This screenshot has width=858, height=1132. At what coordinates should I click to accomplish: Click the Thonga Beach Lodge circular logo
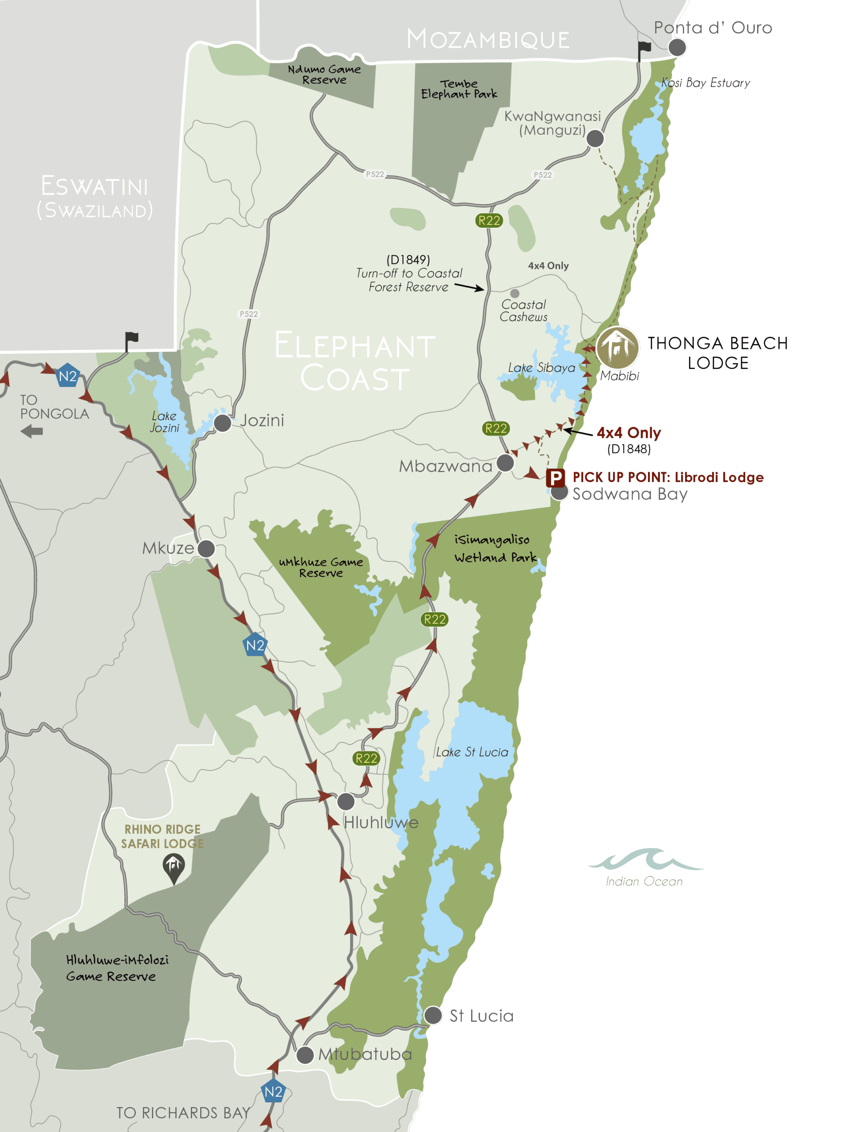[x=618, y=348]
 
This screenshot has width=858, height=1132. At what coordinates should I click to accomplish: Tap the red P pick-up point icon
[x=555, y=478]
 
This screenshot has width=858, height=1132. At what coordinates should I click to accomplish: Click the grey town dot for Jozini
[x=222, y=423]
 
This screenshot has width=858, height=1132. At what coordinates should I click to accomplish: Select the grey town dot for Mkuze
[x=206, y=549]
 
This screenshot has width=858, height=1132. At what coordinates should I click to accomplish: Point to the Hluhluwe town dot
[x=346, y=801]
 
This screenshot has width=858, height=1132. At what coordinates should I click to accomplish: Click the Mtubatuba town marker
[x=305, y=1055]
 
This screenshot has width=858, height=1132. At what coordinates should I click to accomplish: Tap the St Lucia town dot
[x=433, y=1015]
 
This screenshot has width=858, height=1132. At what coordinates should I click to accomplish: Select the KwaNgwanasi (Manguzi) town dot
[x=595, y=138]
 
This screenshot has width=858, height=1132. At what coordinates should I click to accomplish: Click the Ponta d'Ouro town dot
[x=677, y=47]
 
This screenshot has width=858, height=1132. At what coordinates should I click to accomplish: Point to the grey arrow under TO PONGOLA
[x=32, y=432]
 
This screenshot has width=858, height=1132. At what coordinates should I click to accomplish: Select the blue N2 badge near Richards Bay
[x=273, y=1092]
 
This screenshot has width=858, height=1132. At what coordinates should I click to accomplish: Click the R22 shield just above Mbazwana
[x=496, y=428]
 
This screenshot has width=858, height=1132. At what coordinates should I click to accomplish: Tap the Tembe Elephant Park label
[x=459, y=88]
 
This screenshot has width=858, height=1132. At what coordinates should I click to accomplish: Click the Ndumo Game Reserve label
[x=324, y=74]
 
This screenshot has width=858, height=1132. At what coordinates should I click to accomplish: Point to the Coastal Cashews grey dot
[x=515, y=293]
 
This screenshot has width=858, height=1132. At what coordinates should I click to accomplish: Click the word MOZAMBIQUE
[x=488, y=39]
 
